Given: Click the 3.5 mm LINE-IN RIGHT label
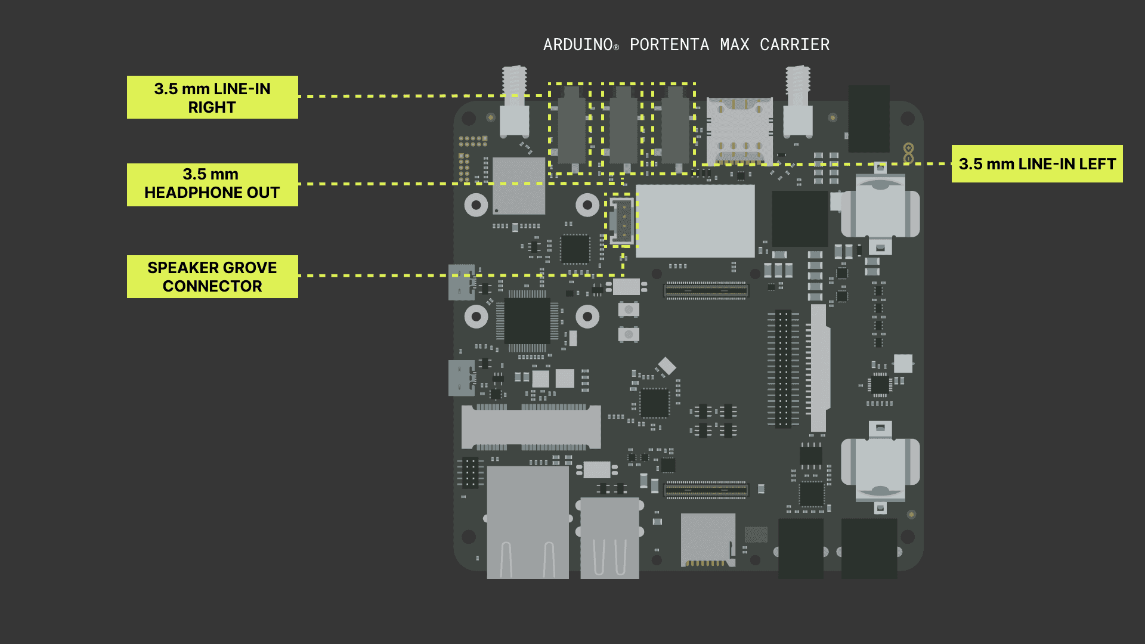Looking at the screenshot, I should (x=212, y=97).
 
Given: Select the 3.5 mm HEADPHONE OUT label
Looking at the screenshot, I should (x=212, y=184).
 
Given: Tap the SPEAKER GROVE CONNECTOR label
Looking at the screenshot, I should (x=212, y=277).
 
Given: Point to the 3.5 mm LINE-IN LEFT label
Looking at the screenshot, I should (x=1037, y=164).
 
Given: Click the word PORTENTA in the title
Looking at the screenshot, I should (x=669, y=45).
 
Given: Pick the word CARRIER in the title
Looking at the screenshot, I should (x=794, y=45).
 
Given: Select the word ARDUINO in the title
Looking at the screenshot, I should (x=578, y=45).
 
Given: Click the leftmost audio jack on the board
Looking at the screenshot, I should (x=571, y=128).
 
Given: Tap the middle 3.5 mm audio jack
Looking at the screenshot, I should (x=623, y=128).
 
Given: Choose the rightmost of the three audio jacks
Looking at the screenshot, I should (x=675, y=128).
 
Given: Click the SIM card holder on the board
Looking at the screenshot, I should (x=739, y=131).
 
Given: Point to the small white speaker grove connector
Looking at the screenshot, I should (x=621, y=221).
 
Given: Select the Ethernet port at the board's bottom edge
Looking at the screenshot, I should (x=528, y=522).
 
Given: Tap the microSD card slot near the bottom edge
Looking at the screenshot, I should (x=708, y=540).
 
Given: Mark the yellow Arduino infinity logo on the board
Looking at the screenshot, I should (x=908, y=153).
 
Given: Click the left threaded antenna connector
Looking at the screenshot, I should (x=514, y=101).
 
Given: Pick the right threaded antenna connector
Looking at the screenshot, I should (x=797, y=101).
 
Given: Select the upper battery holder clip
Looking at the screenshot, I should (x=880, y=209).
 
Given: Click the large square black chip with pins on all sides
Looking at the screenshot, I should (x=528, y=321).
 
